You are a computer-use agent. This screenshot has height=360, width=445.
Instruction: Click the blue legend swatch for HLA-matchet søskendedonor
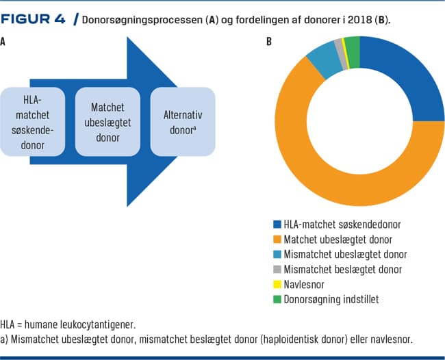click(x=277, y=224)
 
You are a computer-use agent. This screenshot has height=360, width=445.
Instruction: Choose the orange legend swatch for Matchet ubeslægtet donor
click(x=277, y=239)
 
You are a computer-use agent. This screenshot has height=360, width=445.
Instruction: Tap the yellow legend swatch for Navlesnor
click(x=277, y=284)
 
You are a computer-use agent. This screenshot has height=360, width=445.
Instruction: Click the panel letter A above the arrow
click(x=4, y=42)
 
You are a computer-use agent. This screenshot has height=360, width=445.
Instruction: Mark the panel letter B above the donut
click(x=269, y=42)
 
